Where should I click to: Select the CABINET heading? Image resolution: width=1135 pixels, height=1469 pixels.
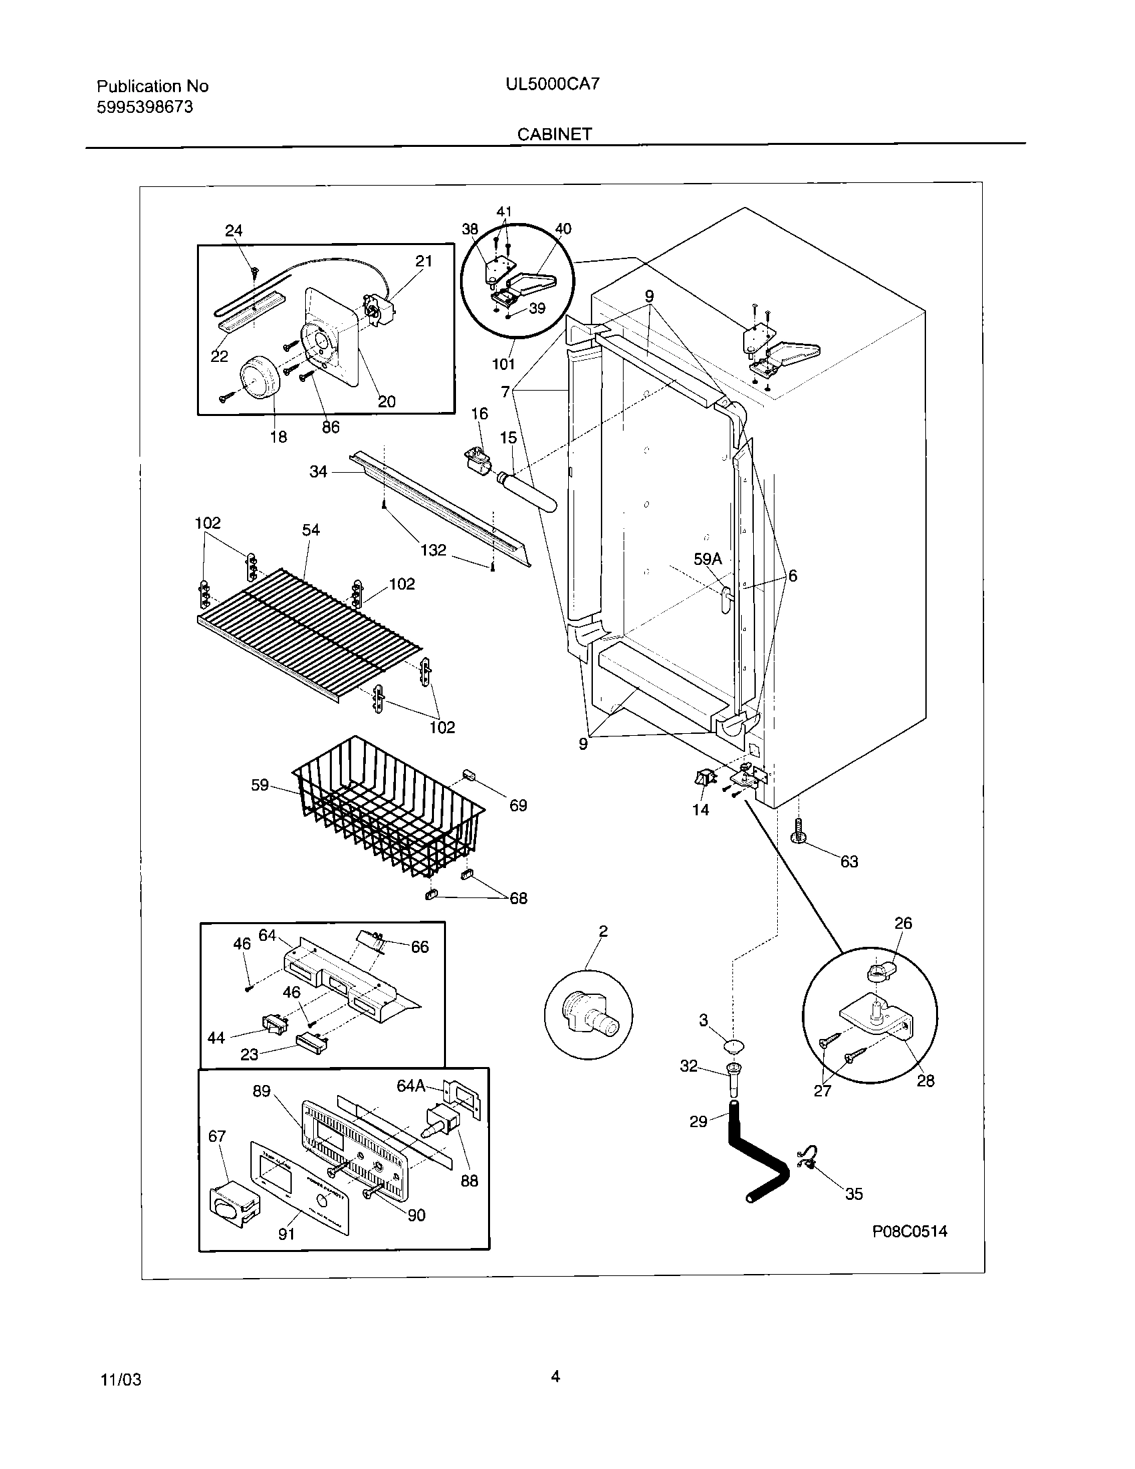(x=554, y=134)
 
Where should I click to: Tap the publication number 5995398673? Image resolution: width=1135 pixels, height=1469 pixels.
(x=145, y=107)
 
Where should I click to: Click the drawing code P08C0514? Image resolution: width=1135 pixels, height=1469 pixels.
(x=910, y=1231)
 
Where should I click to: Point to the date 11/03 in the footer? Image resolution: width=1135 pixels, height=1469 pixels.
(x=121, y=1380)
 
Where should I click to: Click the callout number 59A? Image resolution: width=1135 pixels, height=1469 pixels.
(x=707, y=559)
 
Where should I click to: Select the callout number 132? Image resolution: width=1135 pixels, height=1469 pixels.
(x=433, y=550)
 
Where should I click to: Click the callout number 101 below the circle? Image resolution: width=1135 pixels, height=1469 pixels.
(x=503, y=364)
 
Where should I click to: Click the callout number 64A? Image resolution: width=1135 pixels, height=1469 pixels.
(x=411, y=1086)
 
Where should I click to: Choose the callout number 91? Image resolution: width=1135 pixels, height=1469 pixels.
(x=286, y=1235)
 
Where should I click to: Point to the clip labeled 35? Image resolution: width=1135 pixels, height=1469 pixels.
(x=808, y=1160)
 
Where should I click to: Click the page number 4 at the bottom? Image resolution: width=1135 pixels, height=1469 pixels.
(x=555, y=1376)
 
